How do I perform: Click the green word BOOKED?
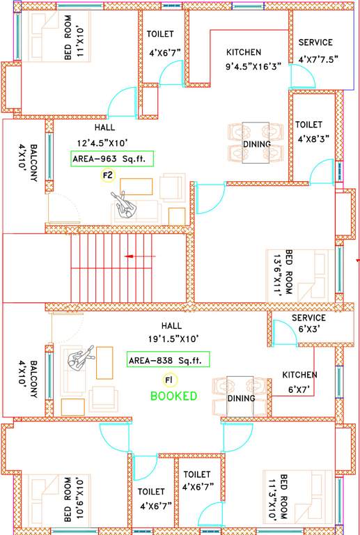173,396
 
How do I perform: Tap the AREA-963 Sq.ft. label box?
112,159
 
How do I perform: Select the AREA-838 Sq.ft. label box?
168,360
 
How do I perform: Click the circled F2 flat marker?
108,176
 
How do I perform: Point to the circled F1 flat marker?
168,379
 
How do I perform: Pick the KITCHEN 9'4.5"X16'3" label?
244,59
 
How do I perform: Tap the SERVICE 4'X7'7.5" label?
315,51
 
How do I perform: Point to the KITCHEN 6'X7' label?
299,381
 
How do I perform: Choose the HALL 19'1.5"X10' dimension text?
171,332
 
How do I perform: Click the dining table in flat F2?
256,143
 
